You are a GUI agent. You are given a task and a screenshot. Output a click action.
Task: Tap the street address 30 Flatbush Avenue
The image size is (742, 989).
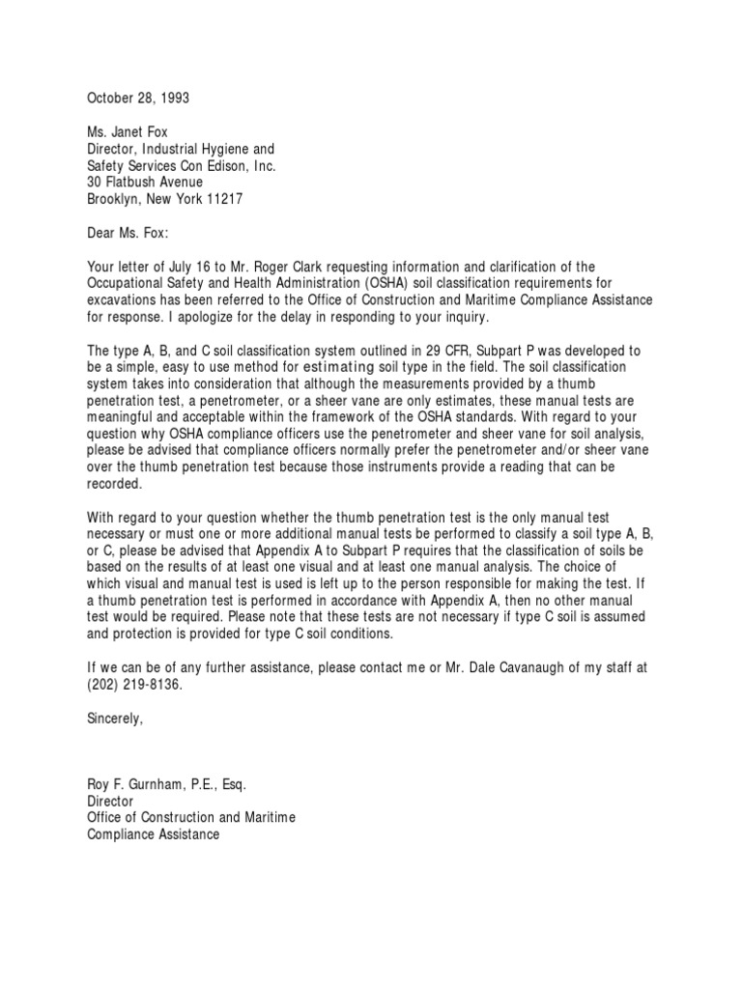point(145,182)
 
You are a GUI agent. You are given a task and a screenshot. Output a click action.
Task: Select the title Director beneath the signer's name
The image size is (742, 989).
point(110,802)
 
